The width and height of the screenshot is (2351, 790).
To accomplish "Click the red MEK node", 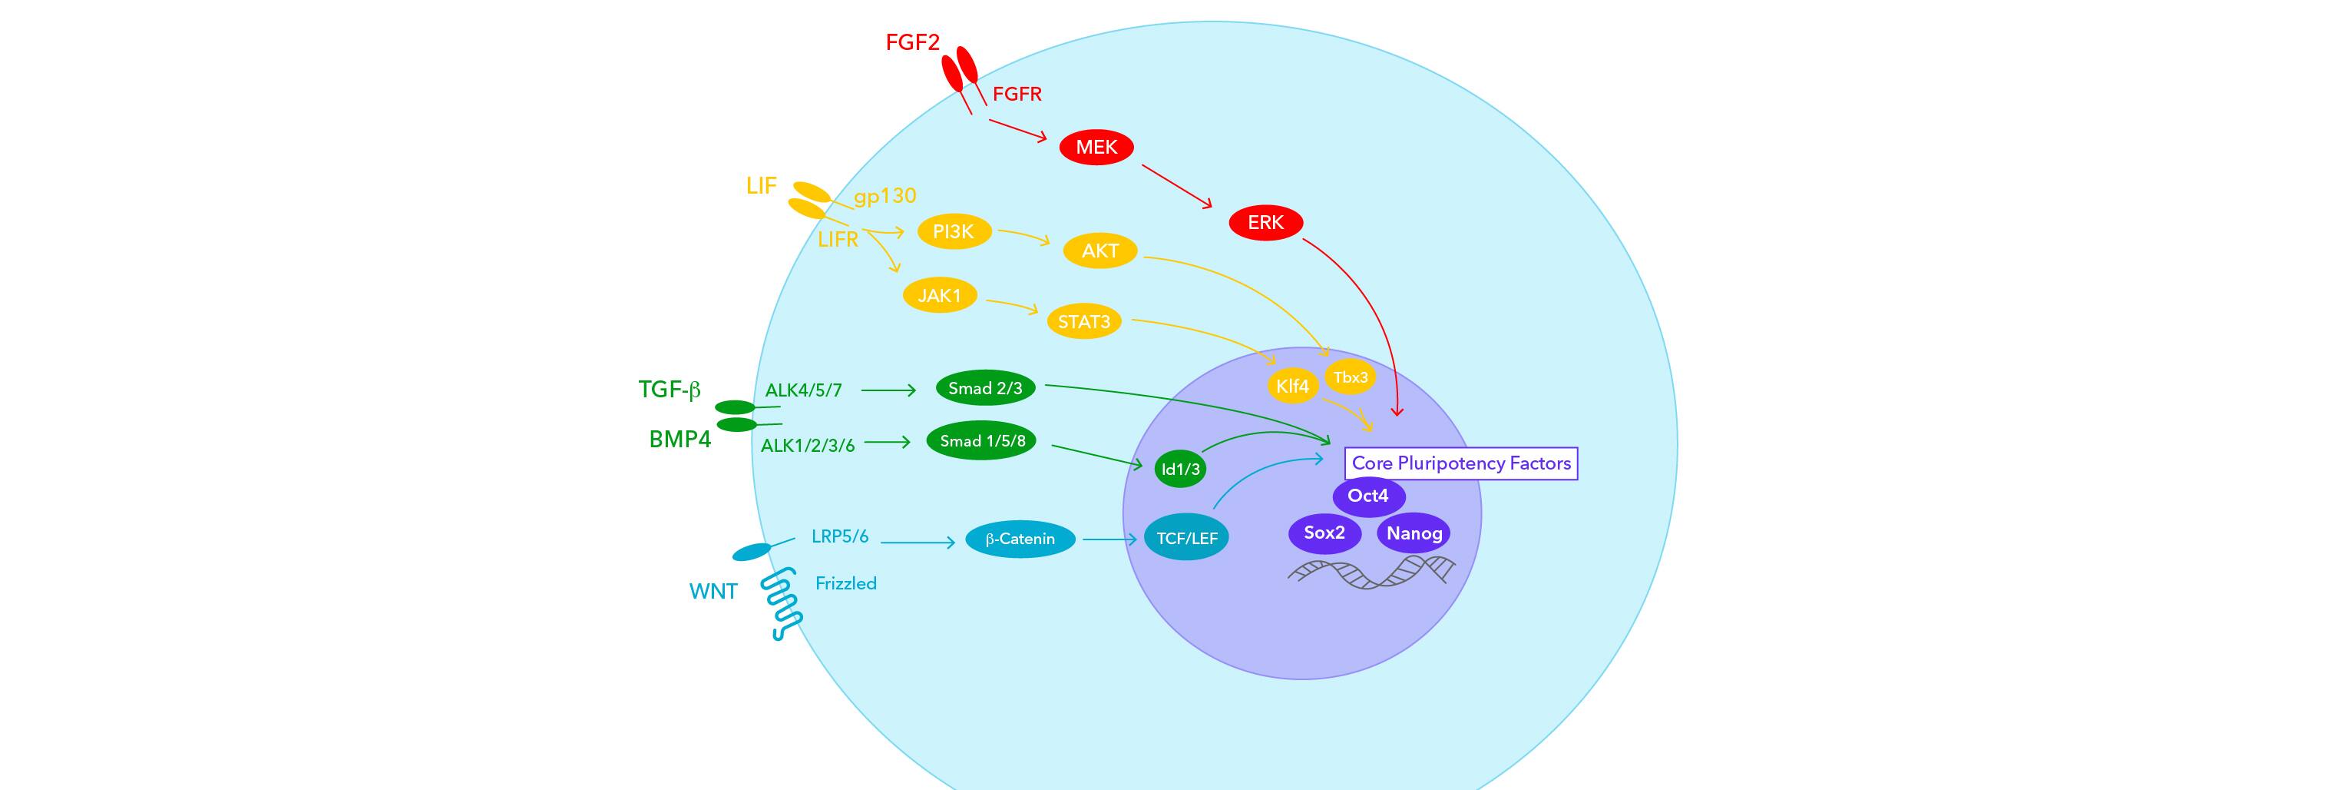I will point(1096,147).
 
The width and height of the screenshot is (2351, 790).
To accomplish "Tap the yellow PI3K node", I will point(953,232).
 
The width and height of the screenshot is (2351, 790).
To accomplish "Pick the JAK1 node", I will point(939,296).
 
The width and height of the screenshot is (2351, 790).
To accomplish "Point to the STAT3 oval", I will point(1083,321).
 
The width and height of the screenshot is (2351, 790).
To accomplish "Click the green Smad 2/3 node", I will point(985,388).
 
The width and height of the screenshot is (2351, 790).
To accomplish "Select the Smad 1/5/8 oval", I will point(982,441).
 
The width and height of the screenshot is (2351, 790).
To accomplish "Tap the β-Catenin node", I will point(1020,539).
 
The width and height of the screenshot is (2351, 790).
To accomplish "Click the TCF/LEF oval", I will point(1186,539).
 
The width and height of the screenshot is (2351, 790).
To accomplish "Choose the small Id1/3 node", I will point(1180,470).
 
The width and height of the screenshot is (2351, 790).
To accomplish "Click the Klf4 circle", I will point(1292,387).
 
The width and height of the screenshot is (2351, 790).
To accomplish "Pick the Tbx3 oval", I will point(1350,377).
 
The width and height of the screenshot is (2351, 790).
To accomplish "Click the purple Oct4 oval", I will point(1368,496).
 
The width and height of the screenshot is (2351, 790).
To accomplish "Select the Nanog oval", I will point(1414,533).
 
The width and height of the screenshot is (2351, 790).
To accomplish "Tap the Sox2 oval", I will point(1324,533).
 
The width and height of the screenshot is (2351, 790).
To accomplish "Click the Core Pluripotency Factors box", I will point(1460,463).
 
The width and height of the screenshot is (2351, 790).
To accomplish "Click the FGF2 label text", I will point(911,43).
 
